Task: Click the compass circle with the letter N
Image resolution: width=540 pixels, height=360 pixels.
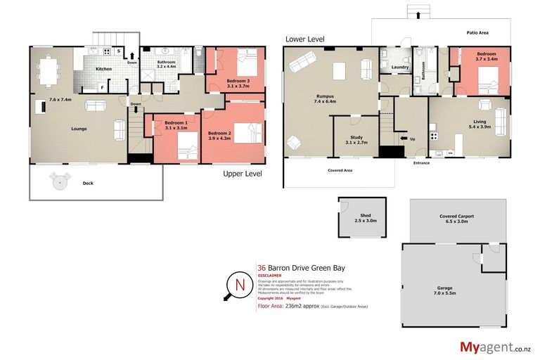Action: pos(240,286)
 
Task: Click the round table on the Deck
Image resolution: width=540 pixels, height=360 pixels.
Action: pos(61,182)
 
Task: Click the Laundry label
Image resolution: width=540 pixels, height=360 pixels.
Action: pos(401,67)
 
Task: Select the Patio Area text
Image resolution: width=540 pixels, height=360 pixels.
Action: pos(478,33)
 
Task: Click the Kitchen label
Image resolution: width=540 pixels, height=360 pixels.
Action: pos(103,69)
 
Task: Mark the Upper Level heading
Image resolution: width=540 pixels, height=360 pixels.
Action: pos(243,173)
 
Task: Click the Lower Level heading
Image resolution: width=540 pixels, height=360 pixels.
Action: pos(304,39)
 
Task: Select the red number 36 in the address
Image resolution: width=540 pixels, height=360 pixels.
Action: pos(262,268)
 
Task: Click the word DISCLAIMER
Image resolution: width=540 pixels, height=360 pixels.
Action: pos(270,276)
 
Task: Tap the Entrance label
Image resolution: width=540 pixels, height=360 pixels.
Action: pos(421,163)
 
